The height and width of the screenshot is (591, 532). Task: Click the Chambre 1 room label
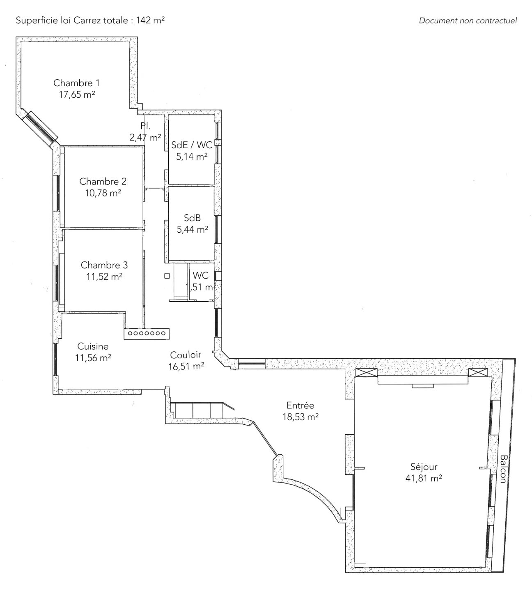[76, 83]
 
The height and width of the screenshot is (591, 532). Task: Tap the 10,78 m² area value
[103, 193]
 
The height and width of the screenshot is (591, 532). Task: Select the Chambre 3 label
[104, 265]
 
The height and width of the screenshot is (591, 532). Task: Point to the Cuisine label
[93, 346]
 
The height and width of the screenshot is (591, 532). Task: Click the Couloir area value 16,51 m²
[186, 366]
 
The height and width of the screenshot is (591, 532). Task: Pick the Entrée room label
[300, 405]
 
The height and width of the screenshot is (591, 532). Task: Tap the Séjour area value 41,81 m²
[424, 478]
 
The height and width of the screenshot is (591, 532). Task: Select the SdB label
[192, 218]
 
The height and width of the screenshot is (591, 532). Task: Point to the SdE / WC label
[192, 144]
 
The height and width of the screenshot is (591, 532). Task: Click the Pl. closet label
[145, 126]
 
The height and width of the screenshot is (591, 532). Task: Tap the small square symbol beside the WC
[167, 276]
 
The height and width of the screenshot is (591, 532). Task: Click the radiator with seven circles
[147, 334]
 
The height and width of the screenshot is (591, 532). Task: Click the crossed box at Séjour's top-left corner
[366, 372]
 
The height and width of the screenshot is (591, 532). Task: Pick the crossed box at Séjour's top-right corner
[478, 372]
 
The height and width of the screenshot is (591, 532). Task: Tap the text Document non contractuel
[468, 21]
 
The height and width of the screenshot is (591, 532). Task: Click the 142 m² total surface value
[150, 20]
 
